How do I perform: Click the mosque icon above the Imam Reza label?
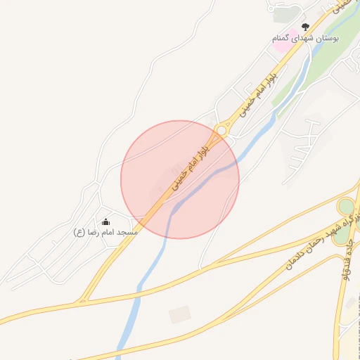pos(105,222)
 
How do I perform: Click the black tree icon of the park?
pos(305,27)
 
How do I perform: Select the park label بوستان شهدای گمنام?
pos(306,38)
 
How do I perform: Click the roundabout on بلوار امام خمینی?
pos(222,130)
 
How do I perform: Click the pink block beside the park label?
pos(280,47)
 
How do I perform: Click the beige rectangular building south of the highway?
pos(180,314)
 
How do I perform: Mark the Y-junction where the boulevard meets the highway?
pos(83,300)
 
